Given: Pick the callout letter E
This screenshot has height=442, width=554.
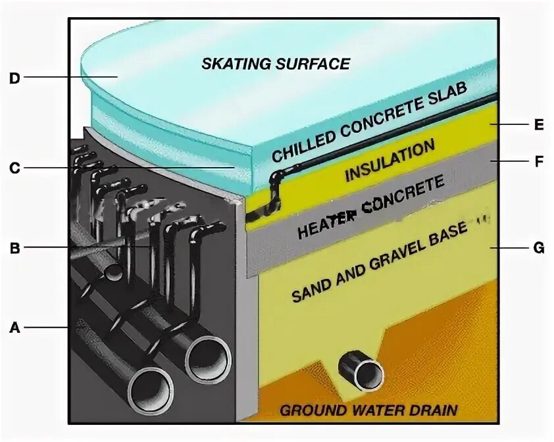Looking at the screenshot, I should click(x=539, y=125).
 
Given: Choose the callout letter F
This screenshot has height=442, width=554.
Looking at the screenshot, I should click(x=539, y=161).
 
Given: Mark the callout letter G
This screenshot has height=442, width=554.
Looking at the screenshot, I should click(x=539, y=248).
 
